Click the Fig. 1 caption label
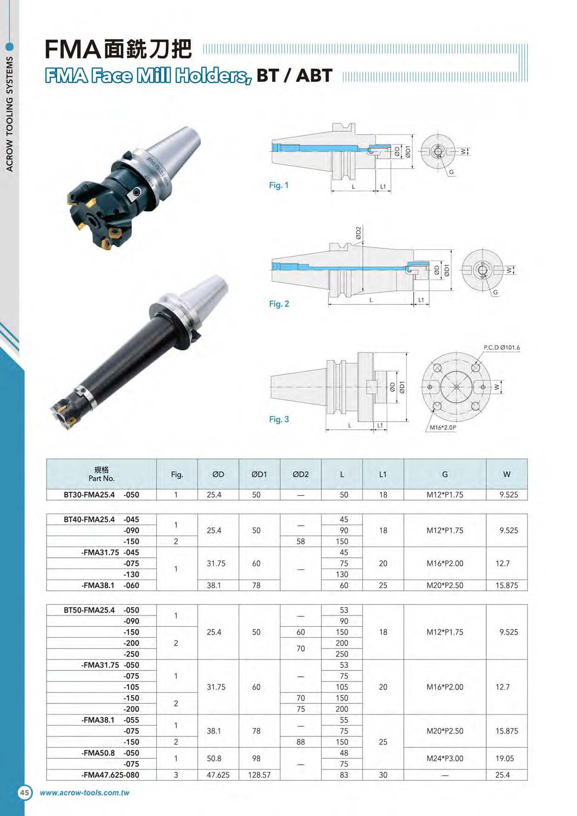click(279, 185)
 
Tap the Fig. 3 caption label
click(279, 419)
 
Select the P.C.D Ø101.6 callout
click(502, 348)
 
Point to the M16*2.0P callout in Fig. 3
click(443, 428)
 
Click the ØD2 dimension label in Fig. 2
click(358, 233)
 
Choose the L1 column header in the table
click(382, 475)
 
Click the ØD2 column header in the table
click(301, 475)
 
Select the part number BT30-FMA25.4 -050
click(101, 495)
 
